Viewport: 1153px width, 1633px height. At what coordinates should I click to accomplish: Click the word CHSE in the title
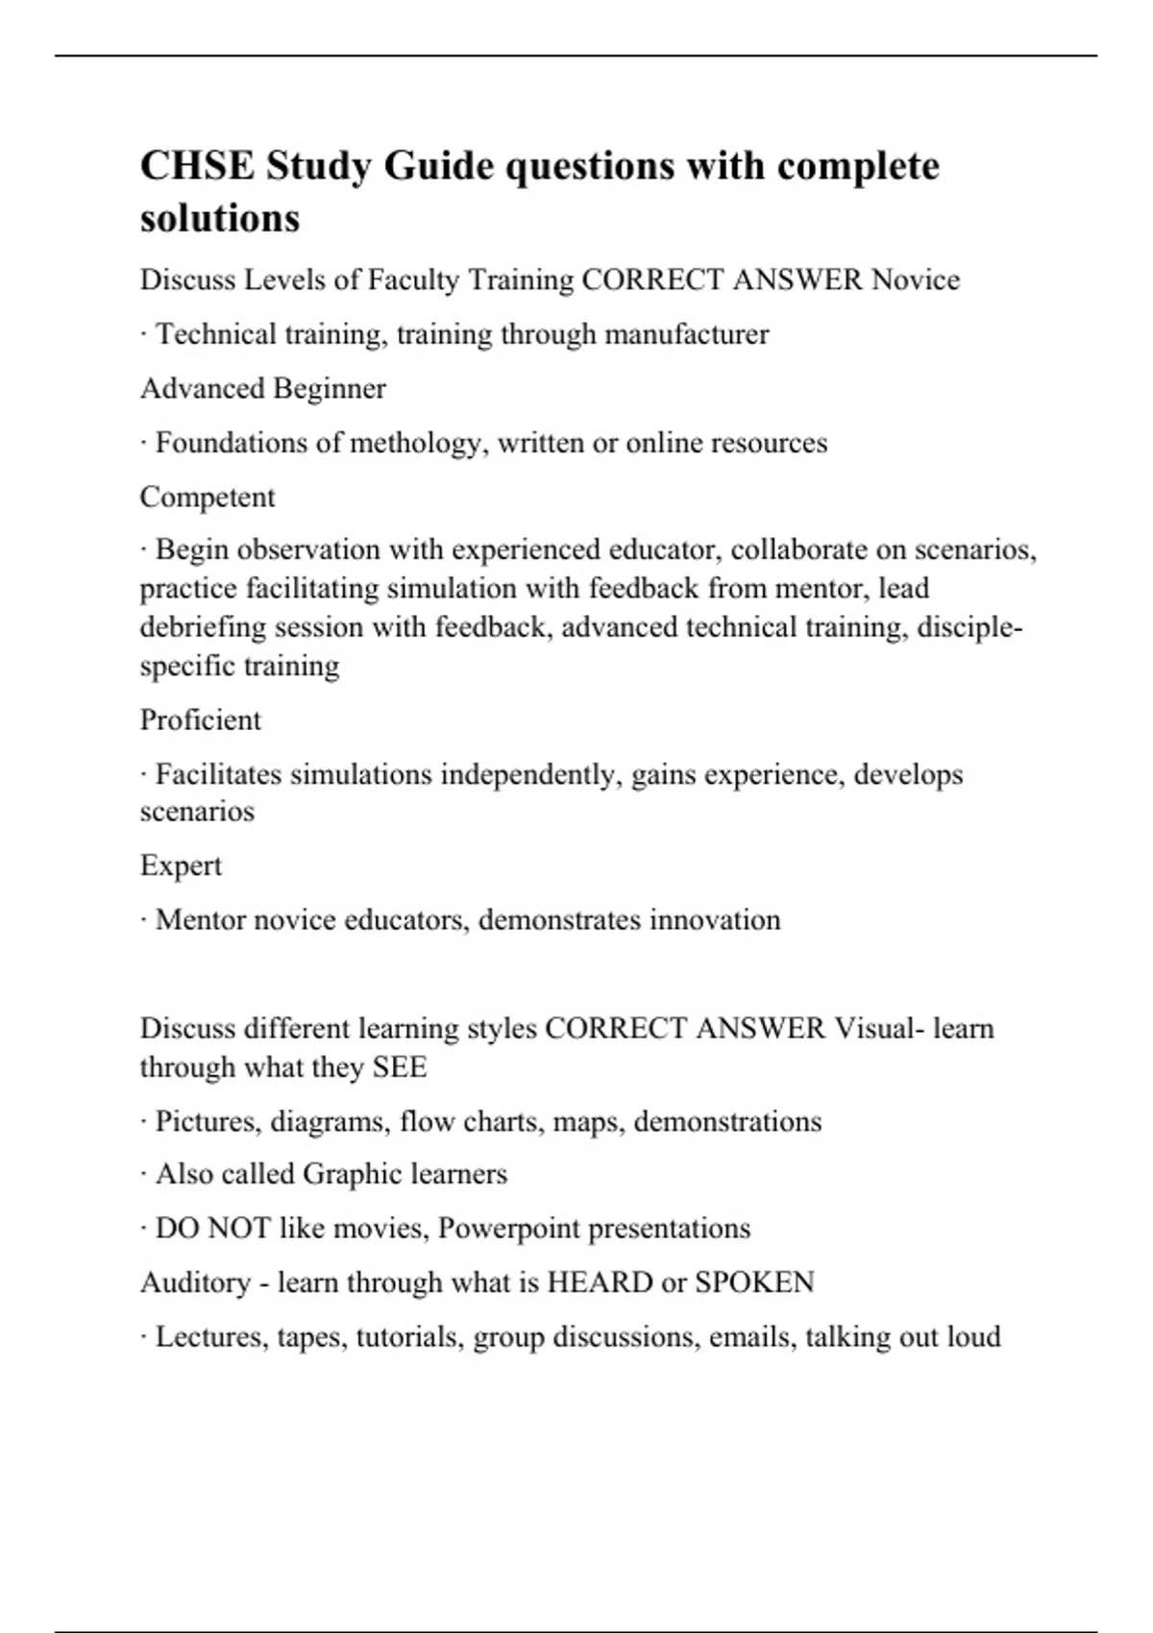click(197, 166)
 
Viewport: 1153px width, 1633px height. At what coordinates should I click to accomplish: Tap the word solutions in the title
click(220, 218)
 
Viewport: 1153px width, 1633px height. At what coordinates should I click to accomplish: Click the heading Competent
click(208, 498)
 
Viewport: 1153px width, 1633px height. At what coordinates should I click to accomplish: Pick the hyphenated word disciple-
click(969, 627)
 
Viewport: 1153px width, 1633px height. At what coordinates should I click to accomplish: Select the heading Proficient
click(200, 720)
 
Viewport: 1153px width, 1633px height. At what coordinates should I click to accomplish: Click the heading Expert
click(181, 865)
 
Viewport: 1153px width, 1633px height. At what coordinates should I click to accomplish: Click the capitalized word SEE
click(400, 1067)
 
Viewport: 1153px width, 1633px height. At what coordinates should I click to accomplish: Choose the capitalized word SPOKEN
click(754, 1282)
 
